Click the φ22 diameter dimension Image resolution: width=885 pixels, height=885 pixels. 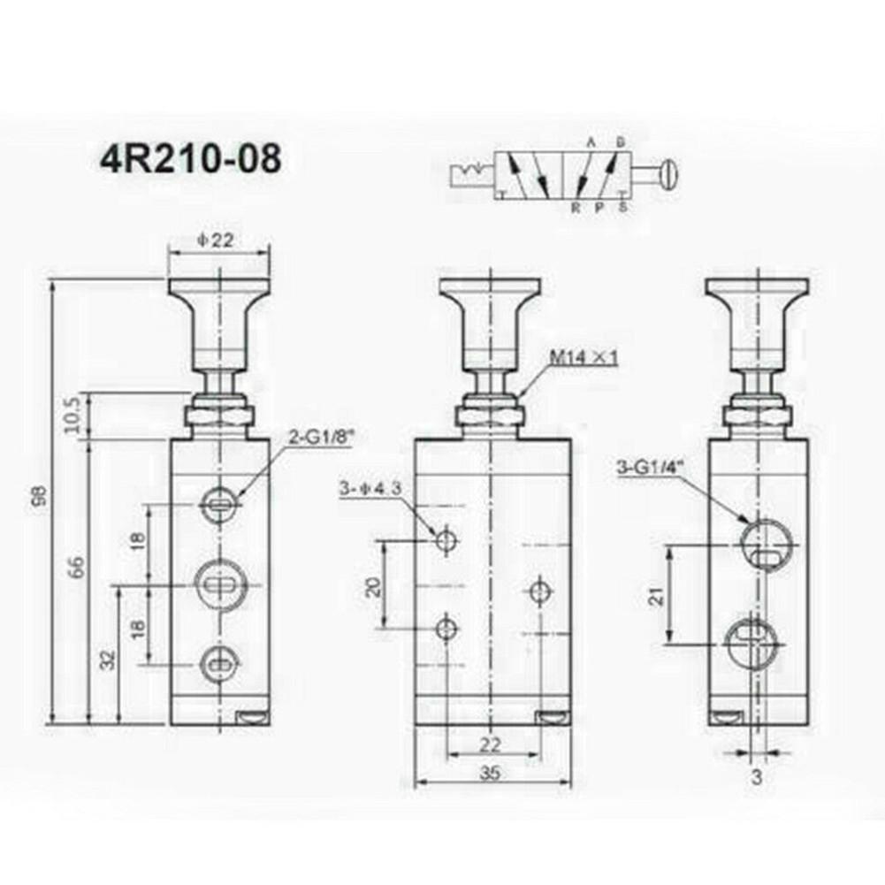(217, 239)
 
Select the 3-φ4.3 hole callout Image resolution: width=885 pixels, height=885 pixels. (370, 488)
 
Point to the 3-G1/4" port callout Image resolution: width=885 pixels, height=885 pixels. (650, 466)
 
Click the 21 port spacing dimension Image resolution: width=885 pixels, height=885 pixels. (655, 597)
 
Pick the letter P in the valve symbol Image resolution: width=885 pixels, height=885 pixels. (598, 208)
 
